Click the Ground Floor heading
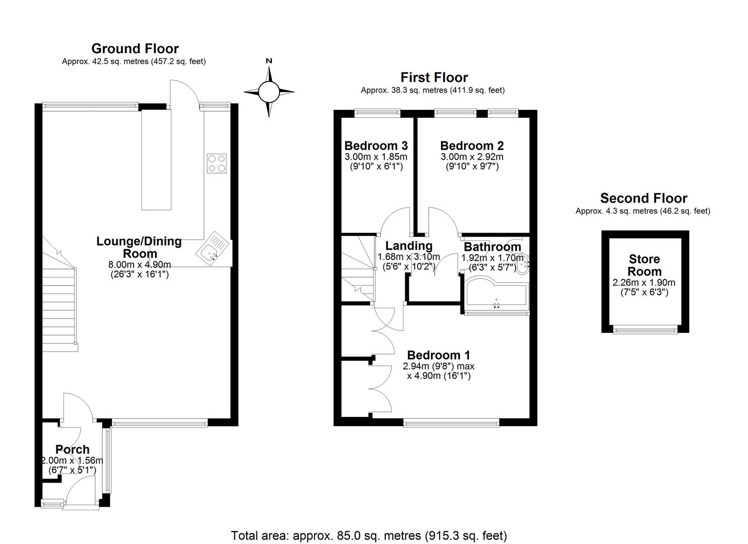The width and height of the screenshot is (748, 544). click(x=135, y=49)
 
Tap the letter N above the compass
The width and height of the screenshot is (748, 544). click(x=269, y=61)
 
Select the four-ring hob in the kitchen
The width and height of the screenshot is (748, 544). click(x=217, y=163)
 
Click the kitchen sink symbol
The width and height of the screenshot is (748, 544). click(x=213, y=248)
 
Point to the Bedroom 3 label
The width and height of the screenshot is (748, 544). click(x=376, y=146)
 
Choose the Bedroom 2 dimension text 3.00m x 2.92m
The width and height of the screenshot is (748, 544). click(x=472, y=157)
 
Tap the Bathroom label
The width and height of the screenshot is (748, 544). click(x=493, y=247)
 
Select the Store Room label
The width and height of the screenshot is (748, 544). click(x=644, y=265)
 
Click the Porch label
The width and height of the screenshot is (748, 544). click(x=73, y=449)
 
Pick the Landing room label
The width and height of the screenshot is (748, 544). click(x=409, y=246)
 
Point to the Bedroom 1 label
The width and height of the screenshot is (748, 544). click(x=439, y=355)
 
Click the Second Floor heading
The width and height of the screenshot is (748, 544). click(x=644, y=198)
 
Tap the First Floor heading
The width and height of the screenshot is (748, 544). click(x=434, y=78)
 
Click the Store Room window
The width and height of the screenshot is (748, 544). click(x=645, y=329)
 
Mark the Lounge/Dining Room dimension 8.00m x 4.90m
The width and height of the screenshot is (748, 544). click(x=140, y=265)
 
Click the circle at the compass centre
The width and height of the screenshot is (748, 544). click(x=269, y=92)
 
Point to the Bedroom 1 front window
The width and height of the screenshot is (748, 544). click(x=451, y=423)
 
